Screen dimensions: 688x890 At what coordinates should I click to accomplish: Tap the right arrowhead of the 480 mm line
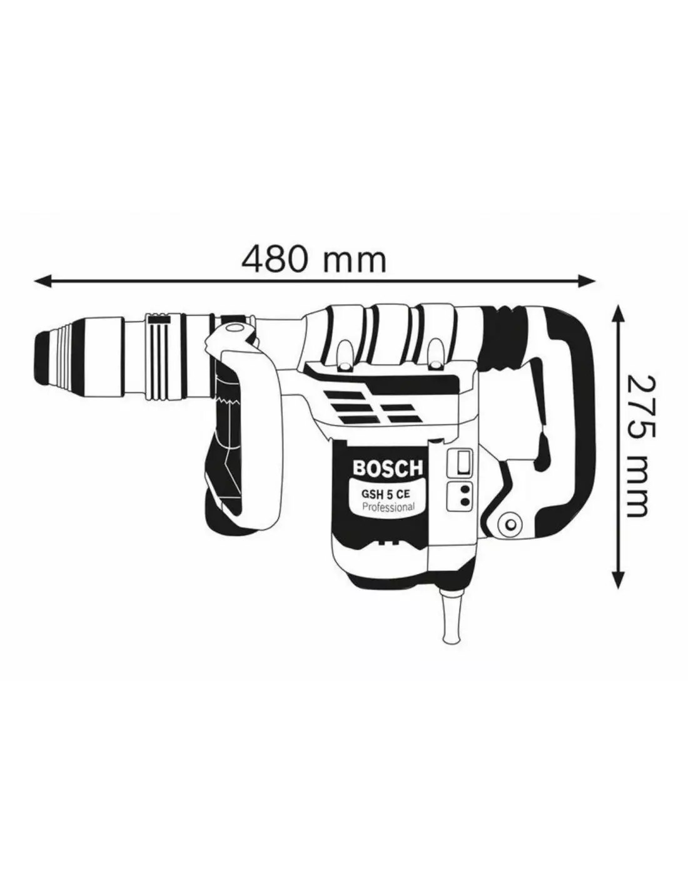(586, 281)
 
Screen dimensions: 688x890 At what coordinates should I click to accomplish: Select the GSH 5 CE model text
(385, 493)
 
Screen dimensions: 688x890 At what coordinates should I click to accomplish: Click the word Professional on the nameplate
(388, 506)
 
